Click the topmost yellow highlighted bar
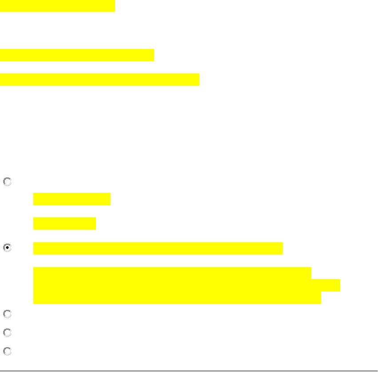click(57, 6)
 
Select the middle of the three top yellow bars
click(77, 55)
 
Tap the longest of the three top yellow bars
click(99, 80)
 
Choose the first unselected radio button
click(7, 182)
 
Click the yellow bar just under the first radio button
click(72, 199)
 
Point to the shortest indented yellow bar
click(64, 224)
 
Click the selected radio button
click(7, 248)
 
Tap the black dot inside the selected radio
click(7, 248)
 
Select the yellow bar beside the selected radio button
click(158, 248)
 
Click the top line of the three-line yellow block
click(172, 273)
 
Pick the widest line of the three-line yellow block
click(187, 285)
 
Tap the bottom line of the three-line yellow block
click(177, 298)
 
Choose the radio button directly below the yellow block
click(7, 314)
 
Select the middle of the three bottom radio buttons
click(7, 333)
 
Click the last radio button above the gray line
click(7, 351)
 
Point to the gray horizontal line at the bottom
click(189, 370)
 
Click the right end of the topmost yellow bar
click(113, 6)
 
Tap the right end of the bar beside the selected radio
click(281, 248)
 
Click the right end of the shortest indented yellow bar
click(94, 224)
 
